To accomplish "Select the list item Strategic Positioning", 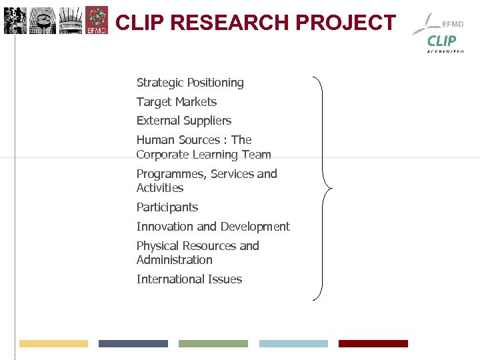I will [x=190, y=83].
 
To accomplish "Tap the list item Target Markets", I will [x=177, y=102].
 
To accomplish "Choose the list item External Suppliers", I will [x=184, y=121].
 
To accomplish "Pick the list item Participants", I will [x=167, y=207].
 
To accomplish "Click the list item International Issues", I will [x=189, y=279].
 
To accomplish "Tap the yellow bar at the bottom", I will [x=53, y=343].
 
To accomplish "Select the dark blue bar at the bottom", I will [x=133, y=343].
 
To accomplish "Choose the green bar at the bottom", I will [x=213, y=343].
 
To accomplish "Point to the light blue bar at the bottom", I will [x=293, y=343].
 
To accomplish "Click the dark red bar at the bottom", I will [x=373, y=343].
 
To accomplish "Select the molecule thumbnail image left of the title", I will [x=97, y=21].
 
